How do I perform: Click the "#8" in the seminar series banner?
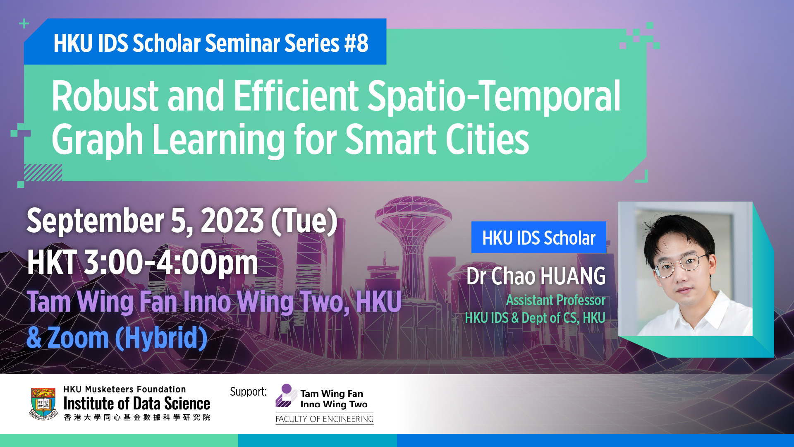click(356, 43)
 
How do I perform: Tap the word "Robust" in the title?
click(105, 96)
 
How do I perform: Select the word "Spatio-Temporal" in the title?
click(494, 98)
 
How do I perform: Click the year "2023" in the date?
click(232, 221)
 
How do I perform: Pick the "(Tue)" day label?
click(304, 221)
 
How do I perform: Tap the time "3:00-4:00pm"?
click(171, 263)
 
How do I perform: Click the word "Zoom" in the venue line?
click(78, 338)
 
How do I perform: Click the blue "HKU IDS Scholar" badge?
click(539, 238)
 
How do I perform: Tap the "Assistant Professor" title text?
click(556, 300)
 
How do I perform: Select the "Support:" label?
click(248, 392)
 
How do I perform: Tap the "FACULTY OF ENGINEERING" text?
click(325, 419)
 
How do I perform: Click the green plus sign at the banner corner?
click(24, 24)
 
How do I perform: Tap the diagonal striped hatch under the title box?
click(43, 173)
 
